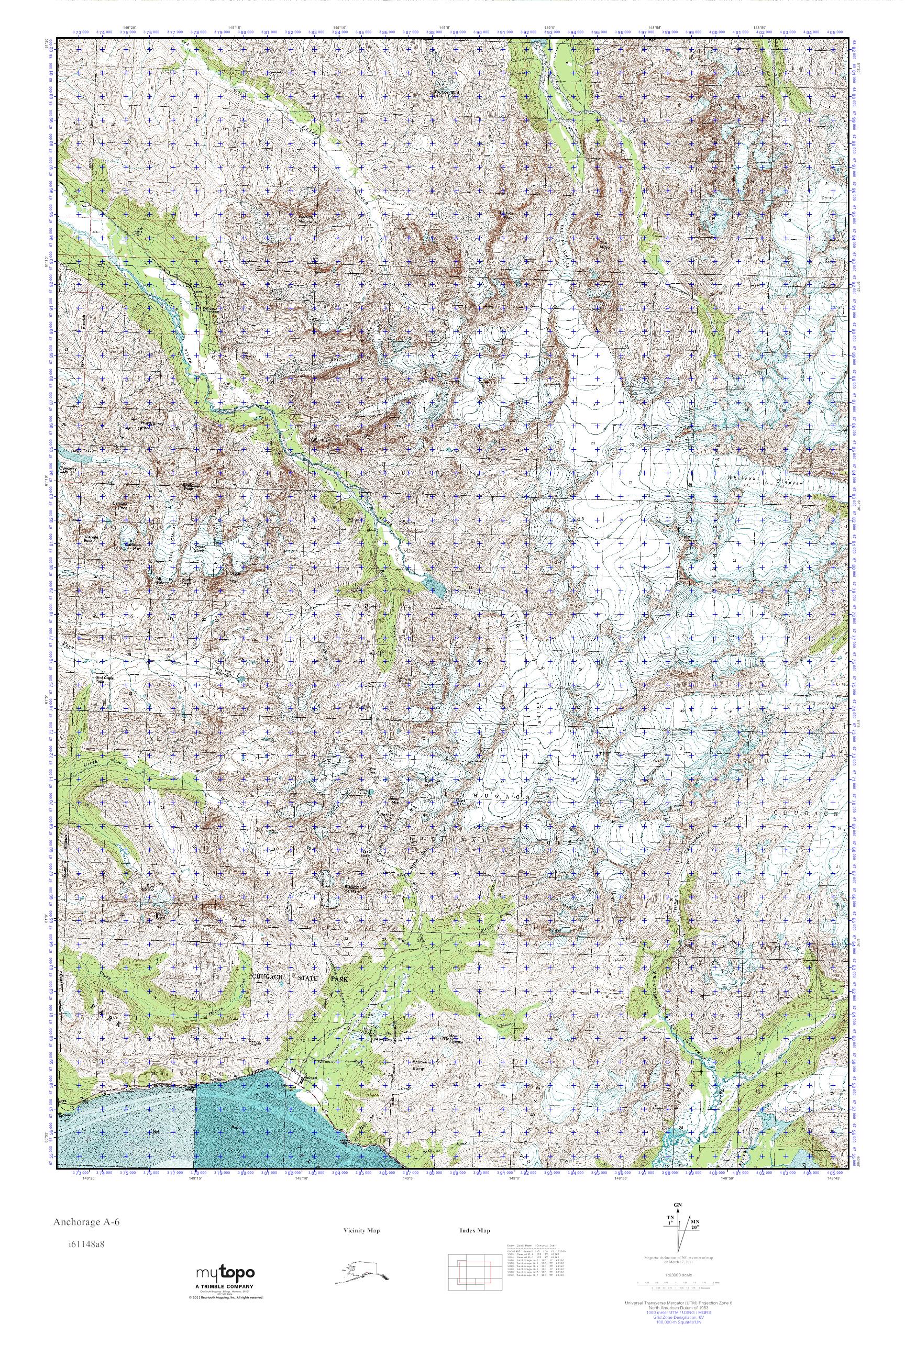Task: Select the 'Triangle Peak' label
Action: [x=92, y=539]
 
